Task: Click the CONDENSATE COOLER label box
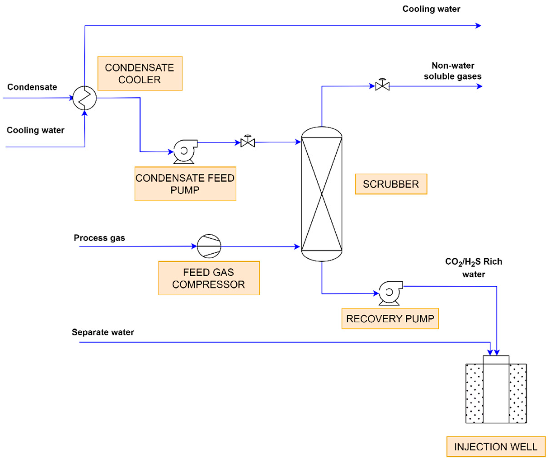click(x=140, y=73)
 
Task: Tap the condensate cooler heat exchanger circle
click(x=85, y=98)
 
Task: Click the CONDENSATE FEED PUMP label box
click(x=185, y=184)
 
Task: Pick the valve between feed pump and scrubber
click(x=247, y=142)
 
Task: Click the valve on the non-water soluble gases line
click(x=382, y=86)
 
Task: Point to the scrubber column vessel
click(x=321, y=194)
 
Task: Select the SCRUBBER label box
click(x=391, y=184)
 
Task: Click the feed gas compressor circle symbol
click(x=209, y=246)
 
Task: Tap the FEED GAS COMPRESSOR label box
click(x=209, y=278)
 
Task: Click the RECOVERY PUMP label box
click(x=390, y=319)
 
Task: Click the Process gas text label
click(x=99, y=238)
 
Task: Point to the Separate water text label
click(x=103, y=332)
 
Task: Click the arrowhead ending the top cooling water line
click(x=478, y=26)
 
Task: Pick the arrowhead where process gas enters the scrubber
click(x=297, y=247)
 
